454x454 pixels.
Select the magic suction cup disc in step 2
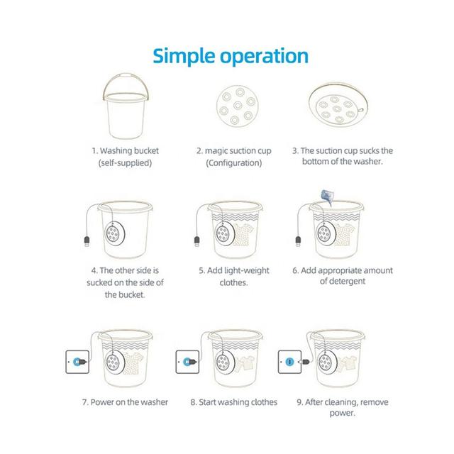click(x=238, y=106)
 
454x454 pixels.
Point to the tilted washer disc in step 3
click(x=338, y=105)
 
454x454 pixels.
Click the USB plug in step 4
click(x=87, y=241)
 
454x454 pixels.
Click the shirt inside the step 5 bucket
click(x=244, y=234)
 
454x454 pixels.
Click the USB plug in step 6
click(x=298, y=241)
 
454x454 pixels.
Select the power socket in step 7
click(x=77, y=362)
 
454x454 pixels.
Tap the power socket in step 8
click(x=187, y=362)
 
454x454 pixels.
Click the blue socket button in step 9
click(x=289, y=362)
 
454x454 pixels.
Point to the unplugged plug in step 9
click(x=305, y=362)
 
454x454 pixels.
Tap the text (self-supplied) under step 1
click(x=125, y=163)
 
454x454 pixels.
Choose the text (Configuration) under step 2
click(x=234, y=163)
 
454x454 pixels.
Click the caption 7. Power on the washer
click(x=125, y=402)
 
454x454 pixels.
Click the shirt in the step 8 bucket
click(x=246, y=362)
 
